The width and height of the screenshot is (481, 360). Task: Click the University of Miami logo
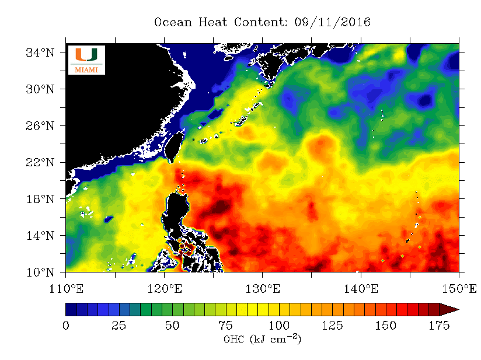pos(86,60)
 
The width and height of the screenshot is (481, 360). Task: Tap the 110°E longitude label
pos(65,288)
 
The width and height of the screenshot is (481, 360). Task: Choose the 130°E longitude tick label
pos(262,288)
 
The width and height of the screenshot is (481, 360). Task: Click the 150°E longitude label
pos(459,288)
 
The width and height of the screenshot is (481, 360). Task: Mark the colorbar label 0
pos(65,326)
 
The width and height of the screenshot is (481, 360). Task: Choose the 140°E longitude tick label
pos(361,288)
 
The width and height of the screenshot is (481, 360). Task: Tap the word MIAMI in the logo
pos(86,70)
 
